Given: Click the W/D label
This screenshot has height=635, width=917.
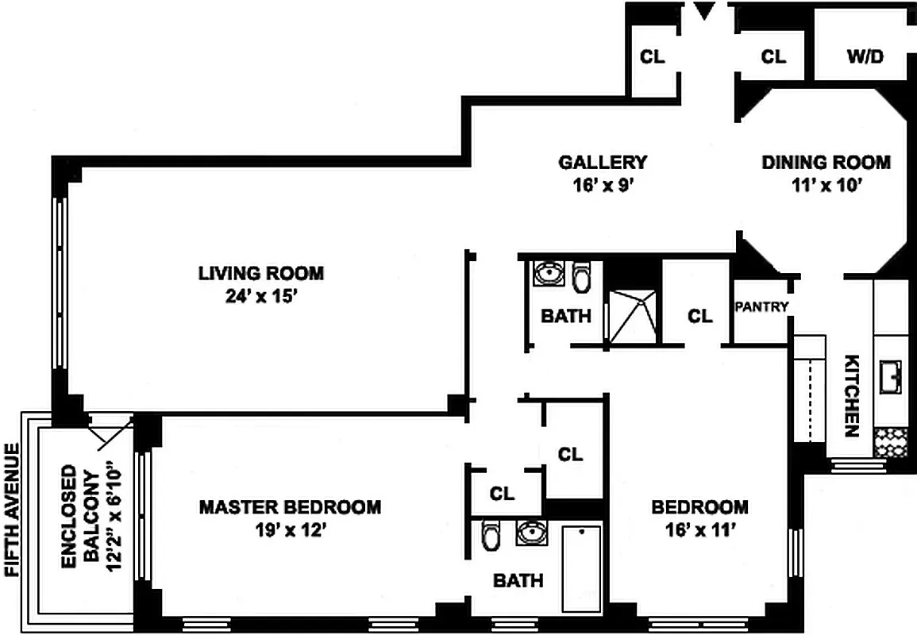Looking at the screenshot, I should (865, 56).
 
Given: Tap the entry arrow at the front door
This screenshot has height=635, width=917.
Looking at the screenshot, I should (704, 11).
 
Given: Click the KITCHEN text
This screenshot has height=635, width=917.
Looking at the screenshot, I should (851, 395).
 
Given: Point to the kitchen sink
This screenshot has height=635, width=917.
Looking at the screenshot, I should (890, 376).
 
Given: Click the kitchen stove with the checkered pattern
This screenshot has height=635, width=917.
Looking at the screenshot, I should (890, 441).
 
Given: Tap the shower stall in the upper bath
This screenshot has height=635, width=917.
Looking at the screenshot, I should (632, 315).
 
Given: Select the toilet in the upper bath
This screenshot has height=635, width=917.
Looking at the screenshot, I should (582, 276).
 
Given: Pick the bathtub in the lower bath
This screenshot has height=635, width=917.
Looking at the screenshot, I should (581, 568).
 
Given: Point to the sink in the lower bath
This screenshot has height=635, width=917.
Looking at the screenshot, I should (531, 532).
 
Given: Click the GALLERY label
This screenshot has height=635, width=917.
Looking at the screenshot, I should (603, 162).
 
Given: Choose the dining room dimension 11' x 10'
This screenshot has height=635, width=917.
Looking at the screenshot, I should (826, 186).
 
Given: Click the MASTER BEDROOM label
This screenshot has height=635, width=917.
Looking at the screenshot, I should (290, 506).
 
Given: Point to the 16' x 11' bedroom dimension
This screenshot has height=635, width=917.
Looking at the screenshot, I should (699, 530).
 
